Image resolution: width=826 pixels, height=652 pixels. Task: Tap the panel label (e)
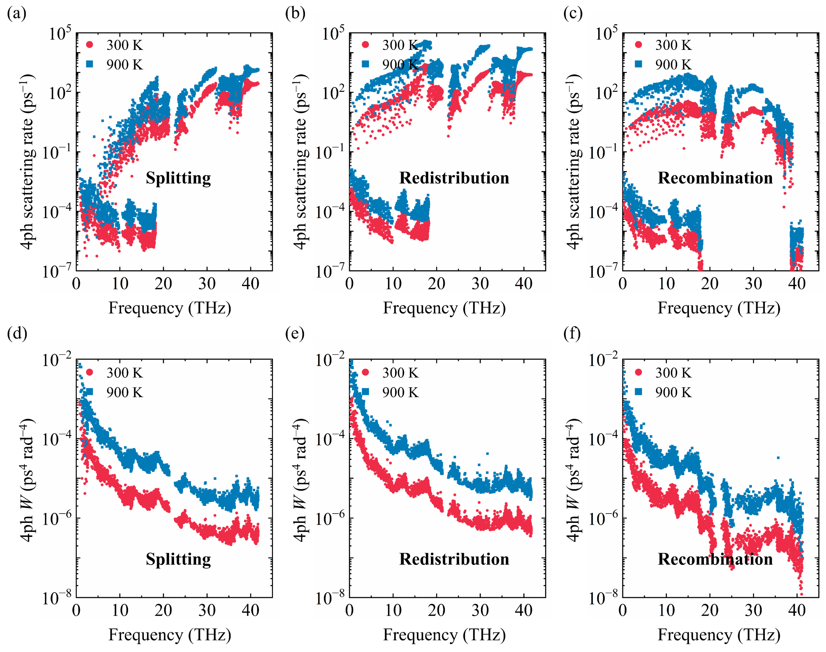(x=295, y=334)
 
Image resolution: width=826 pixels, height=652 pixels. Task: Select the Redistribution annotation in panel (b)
(x=454, y=178)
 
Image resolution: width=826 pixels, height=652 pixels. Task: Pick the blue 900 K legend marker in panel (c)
(x=638, y=64)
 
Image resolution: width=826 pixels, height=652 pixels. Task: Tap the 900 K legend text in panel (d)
(x=124, y=392)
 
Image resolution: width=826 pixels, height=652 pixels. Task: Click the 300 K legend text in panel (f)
(x=674, y=373)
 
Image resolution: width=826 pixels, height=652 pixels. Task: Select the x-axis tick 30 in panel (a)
(x=207, y=284)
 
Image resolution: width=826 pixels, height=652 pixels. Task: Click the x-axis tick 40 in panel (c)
(x=797, y=284)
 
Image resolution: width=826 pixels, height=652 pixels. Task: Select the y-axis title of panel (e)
(x=301, y=480)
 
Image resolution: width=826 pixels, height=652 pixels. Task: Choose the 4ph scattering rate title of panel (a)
(x=27, y=162)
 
